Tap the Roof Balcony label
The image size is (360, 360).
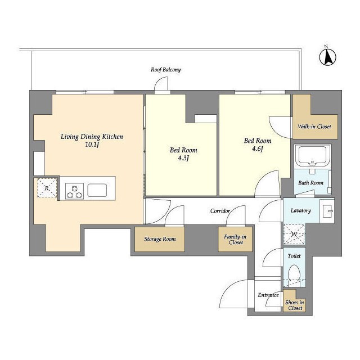coord(165,70)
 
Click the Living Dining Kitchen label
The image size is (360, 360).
coord(92,137)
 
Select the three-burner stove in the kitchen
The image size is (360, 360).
coord(74,191)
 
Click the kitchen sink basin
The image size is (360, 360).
coord(97,190)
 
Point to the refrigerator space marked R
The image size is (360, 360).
coord(47,188)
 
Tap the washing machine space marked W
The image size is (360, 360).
coord(294,235)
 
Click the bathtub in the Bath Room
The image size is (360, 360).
coord(312,156)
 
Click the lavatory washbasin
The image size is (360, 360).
coord(327,211)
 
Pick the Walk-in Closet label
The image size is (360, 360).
coord(314,127)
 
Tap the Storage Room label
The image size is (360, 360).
coord(160,239)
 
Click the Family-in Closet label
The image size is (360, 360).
coord(236,240)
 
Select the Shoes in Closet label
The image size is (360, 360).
coord(295,305)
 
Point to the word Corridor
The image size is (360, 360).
coord(220,211)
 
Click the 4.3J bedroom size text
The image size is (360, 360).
coord(183,158)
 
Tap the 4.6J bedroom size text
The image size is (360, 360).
coord(258,148)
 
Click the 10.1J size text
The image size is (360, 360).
coord(92,145)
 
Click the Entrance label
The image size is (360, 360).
coord(268,295)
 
